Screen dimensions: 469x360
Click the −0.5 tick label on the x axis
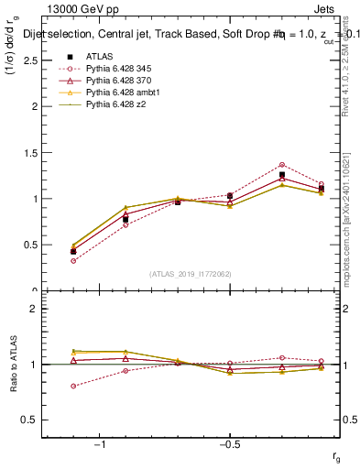tap(228, 444)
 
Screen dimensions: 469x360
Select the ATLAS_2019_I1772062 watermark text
tap(191, 274)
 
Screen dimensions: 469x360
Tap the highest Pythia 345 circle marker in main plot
tap(282, 165)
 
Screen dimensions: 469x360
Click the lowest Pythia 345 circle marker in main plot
tap(73, 261)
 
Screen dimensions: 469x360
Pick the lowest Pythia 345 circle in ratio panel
tap(73, 386)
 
